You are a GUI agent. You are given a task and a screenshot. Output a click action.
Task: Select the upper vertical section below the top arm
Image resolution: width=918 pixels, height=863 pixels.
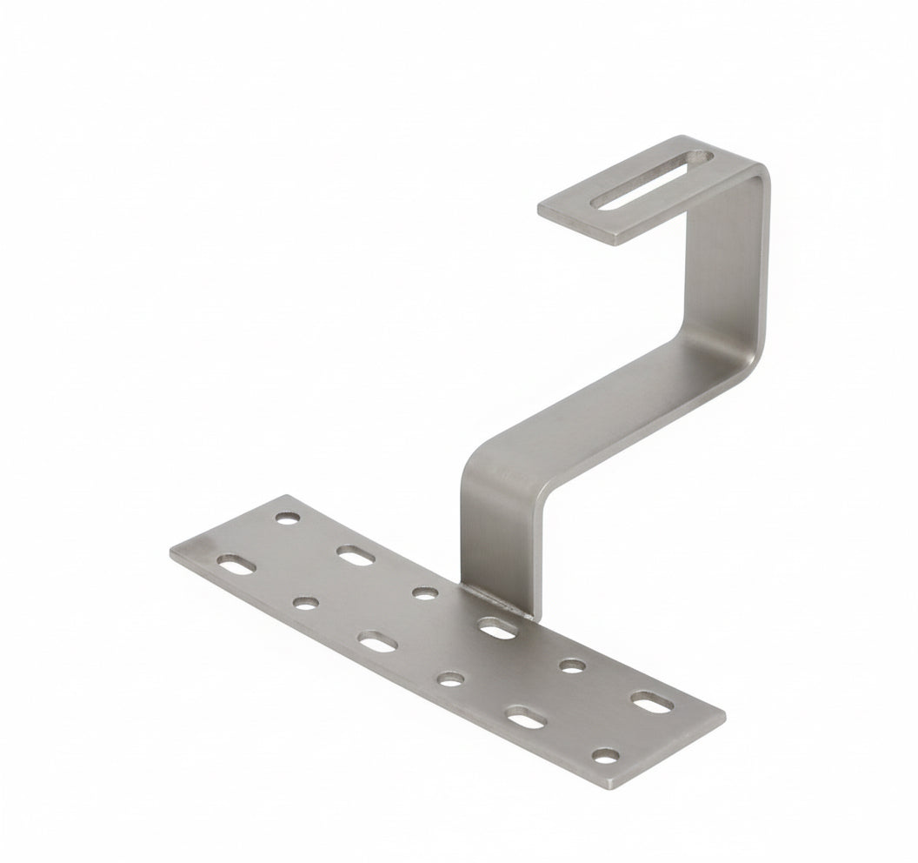pos(726,261)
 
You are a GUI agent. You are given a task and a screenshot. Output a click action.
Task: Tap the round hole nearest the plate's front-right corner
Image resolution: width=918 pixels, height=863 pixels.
pos(606,755)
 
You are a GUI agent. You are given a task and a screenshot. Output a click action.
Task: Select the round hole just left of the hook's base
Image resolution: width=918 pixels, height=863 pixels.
pos(424,593)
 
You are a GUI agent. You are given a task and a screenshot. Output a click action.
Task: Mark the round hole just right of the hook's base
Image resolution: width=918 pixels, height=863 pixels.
pos(571,666)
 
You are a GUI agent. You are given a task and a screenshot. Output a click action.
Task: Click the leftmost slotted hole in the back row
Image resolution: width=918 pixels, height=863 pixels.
pos(356,555)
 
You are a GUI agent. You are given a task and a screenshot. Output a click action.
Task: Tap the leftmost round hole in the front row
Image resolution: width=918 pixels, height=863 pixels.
pos(306,602)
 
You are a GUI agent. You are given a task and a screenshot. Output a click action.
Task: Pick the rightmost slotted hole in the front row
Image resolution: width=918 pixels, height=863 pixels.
pos(524,719)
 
